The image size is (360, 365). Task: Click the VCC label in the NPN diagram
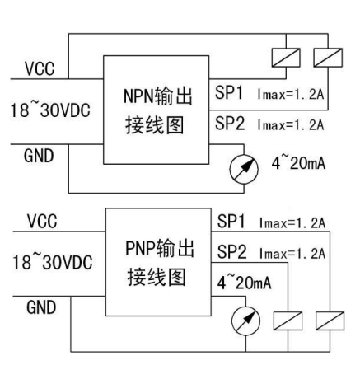[40, 68]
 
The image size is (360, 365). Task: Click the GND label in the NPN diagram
[39, 156]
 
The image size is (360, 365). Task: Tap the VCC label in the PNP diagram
[42, 221]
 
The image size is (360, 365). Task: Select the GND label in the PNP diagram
[41, 307]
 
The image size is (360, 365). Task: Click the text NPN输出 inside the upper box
[158, 96]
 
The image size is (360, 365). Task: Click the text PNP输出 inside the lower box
[160, 248]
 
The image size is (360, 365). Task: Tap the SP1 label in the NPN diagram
[229, 92]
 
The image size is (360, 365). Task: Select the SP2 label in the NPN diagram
[230, 123]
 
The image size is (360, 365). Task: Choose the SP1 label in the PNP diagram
[231, 221]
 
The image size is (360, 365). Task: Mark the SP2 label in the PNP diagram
[232, 251]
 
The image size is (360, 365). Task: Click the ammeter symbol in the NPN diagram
[244, 169]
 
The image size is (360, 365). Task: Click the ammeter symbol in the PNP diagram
[245, 321]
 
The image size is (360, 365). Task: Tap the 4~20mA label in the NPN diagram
[298, 162]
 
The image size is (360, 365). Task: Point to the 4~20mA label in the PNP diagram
[244, 282]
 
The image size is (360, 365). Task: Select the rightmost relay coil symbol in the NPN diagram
[328, 58]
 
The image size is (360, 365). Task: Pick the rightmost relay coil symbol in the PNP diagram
[330, 321]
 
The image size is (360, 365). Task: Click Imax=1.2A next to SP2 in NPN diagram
[291, 125]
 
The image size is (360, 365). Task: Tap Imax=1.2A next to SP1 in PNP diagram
[292, 222]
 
